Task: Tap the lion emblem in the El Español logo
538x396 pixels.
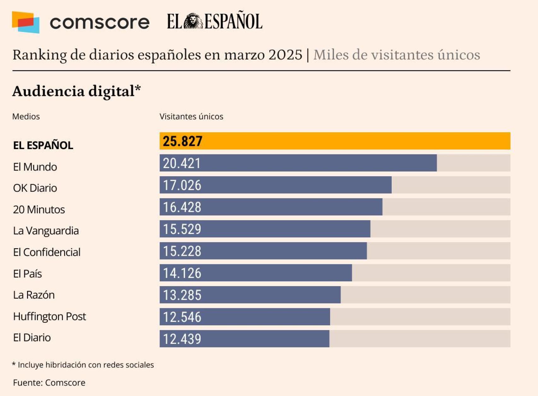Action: [193, 21]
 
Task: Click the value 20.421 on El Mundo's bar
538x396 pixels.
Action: [182, 163]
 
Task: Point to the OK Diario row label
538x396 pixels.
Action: [35, 188]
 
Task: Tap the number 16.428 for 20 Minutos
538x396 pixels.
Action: [182, 207]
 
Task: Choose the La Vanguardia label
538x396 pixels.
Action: [46, 231]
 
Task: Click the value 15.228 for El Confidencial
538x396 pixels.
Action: [182, 251]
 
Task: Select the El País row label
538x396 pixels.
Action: [27, 273]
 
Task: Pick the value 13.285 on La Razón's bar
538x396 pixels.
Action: [182, 295]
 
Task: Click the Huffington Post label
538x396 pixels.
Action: [50, 316]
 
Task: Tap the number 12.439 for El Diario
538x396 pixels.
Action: [182, 339]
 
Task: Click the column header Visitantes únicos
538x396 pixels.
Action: [191, 117]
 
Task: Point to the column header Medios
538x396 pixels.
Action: [26, 117]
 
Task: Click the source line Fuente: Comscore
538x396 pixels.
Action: [49, 382]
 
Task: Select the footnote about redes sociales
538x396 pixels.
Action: [83, 365]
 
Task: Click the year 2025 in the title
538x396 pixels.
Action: [285, 55]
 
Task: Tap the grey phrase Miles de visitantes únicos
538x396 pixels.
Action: [396, 55]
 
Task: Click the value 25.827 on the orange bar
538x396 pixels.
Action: [182, 141]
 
